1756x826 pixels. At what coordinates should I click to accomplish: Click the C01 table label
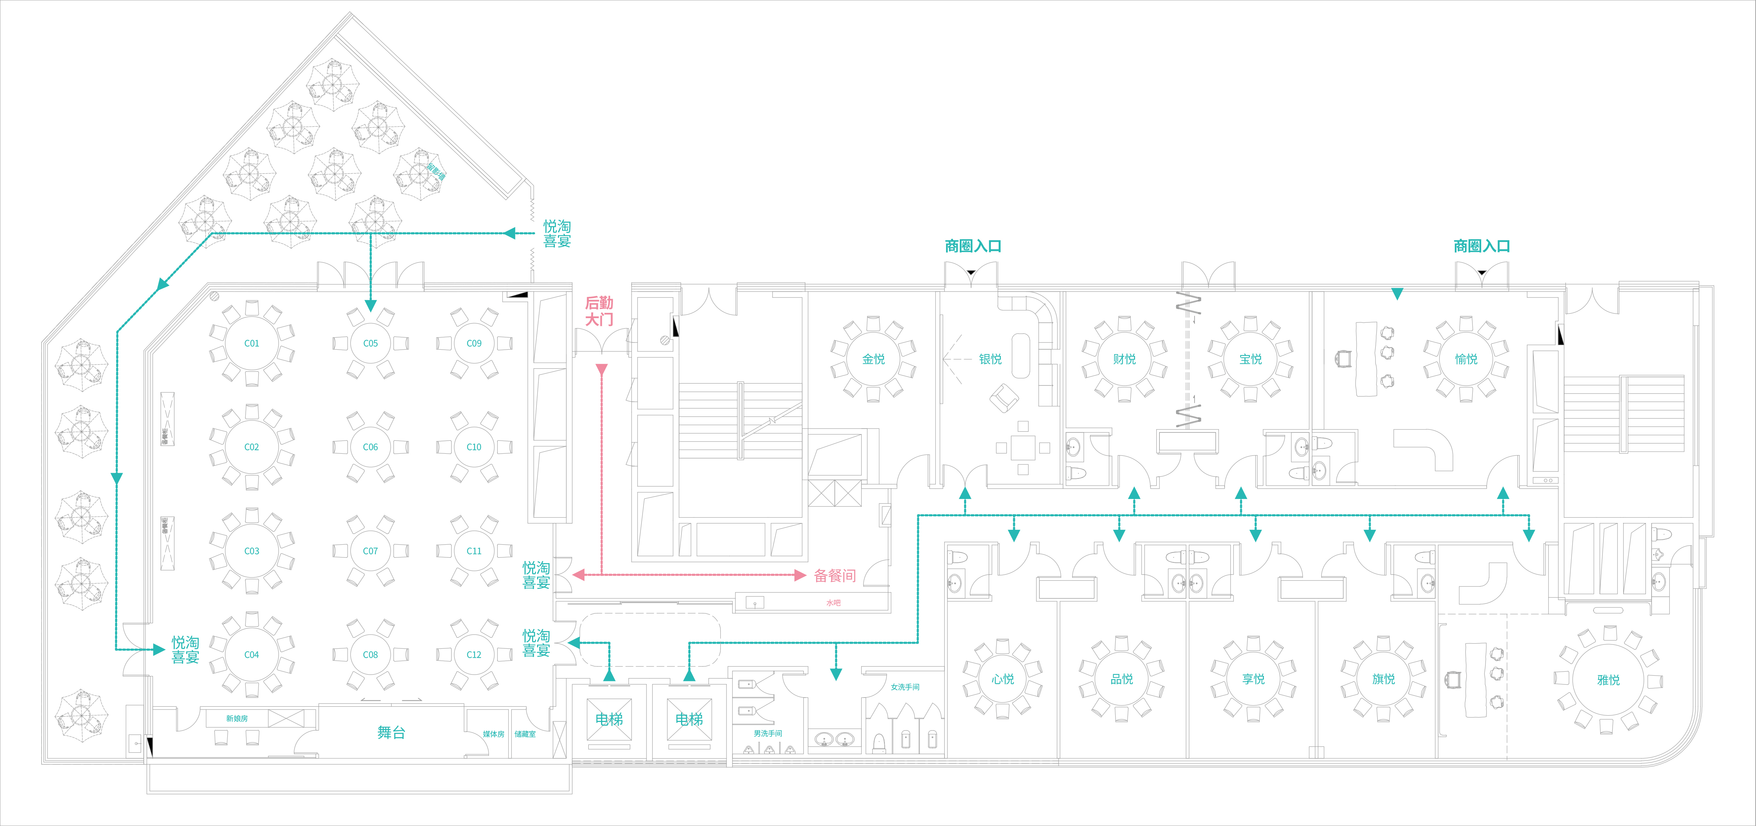click(251, 344)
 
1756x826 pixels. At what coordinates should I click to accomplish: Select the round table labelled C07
click(370, 551)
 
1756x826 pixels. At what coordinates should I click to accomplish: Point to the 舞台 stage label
click(391, 733)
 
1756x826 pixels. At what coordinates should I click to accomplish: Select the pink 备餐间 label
click(834, 576)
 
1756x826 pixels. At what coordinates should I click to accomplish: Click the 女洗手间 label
click(905, 687)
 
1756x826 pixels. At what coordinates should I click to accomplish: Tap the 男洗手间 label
click(768, 733)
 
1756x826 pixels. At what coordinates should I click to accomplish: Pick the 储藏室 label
click(525, 734)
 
